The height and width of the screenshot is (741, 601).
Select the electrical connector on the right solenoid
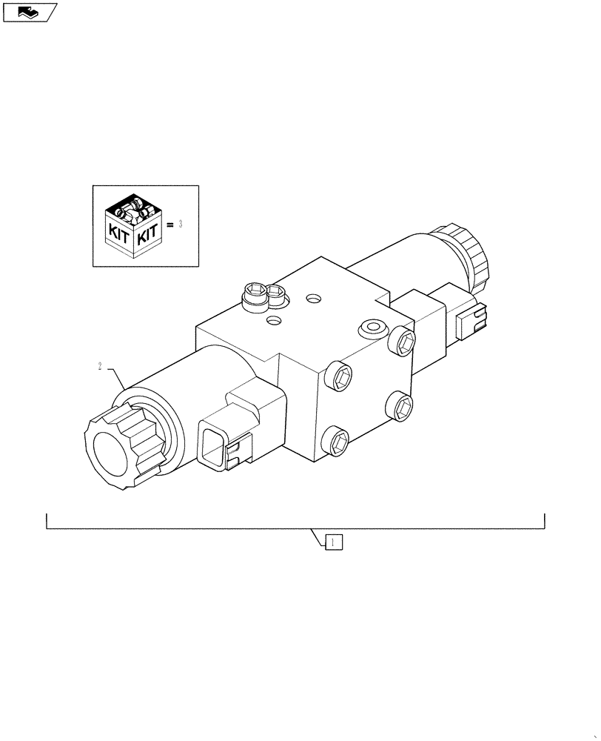coord(470,321)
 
